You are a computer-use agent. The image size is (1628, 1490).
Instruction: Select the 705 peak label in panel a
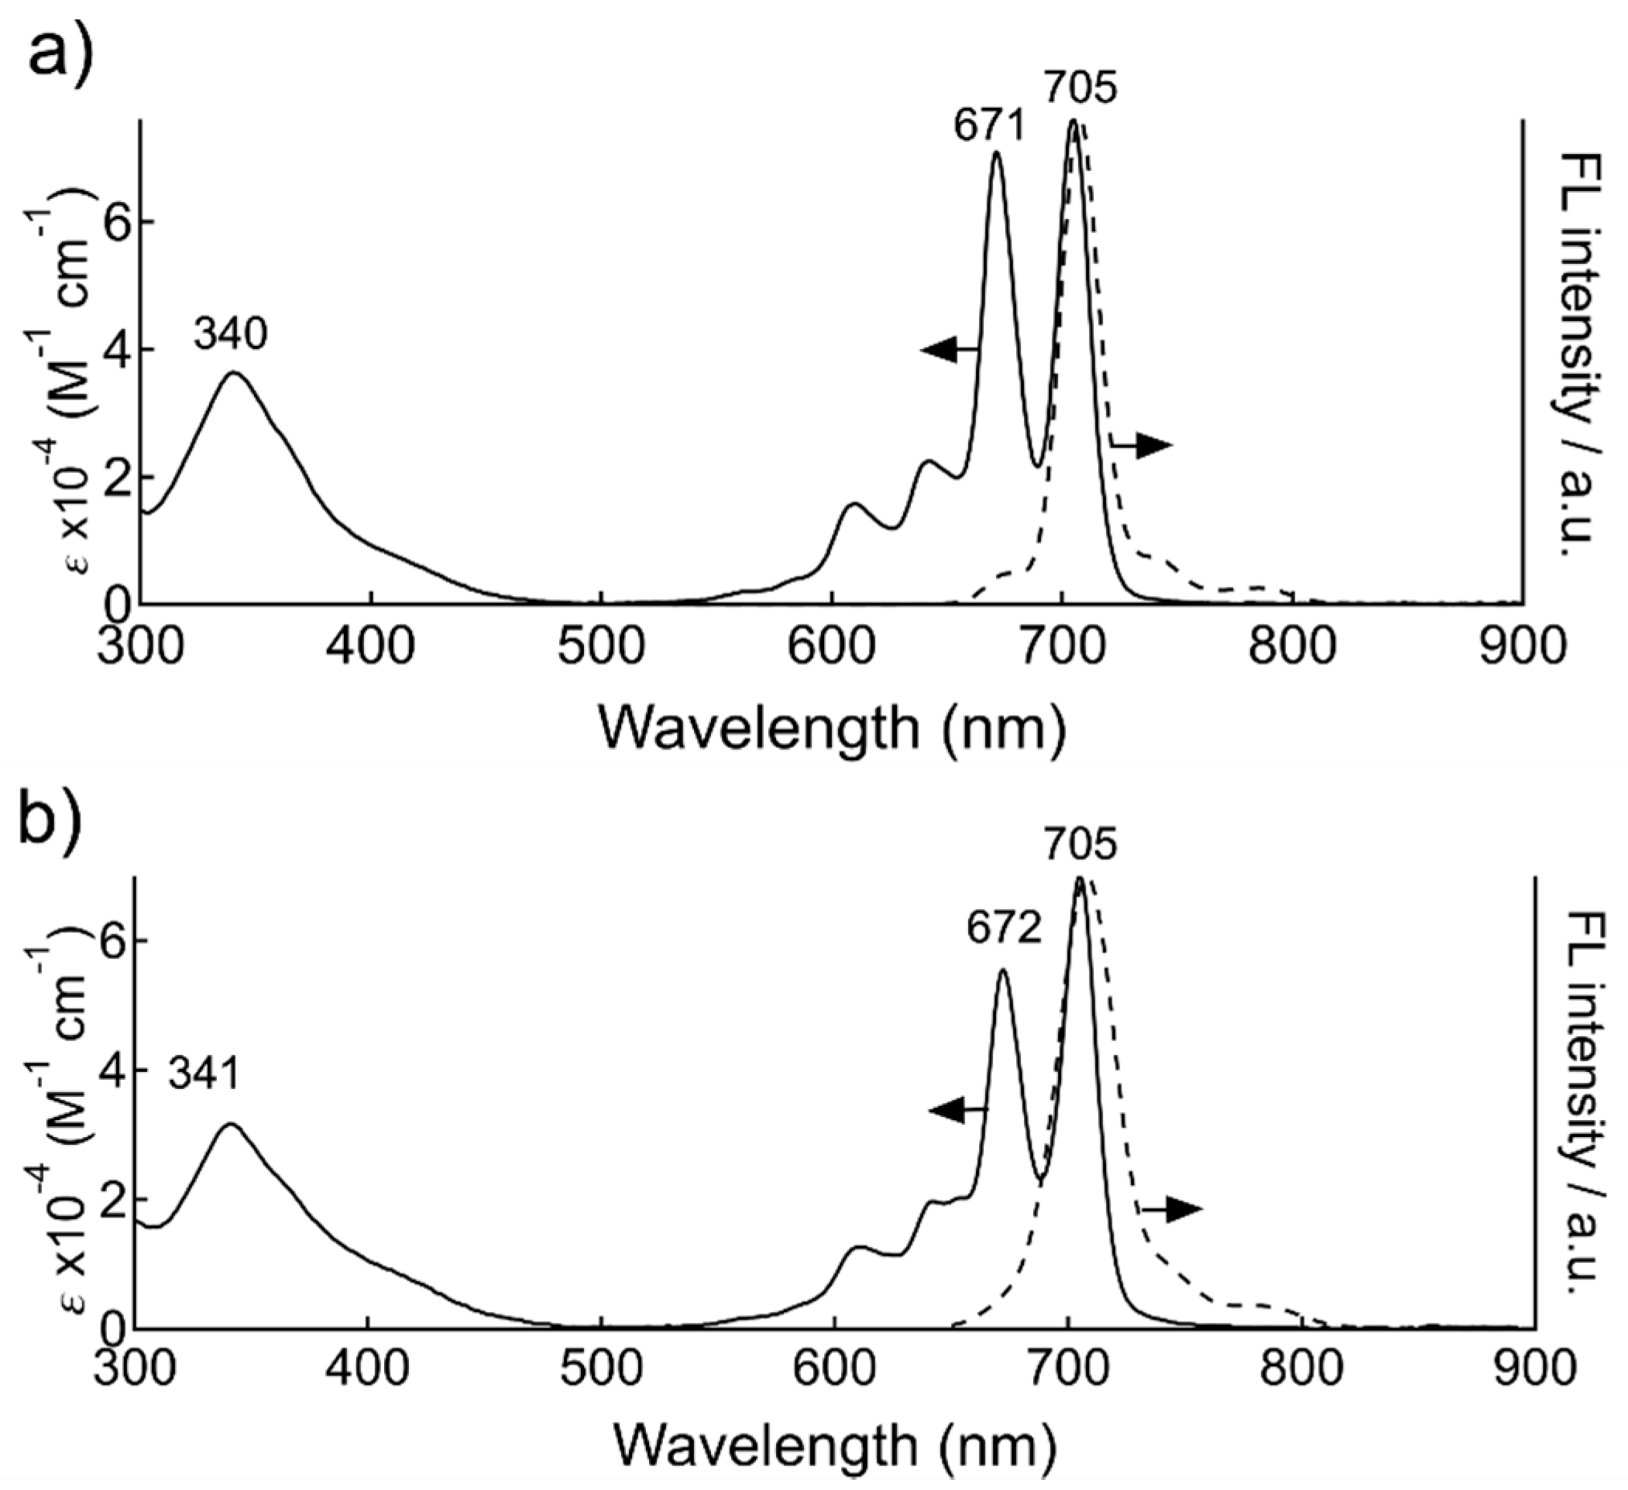[1081, 88]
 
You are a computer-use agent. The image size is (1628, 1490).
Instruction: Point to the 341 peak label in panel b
[204, 1075]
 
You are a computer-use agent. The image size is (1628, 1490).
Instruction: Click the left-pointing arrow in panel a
[950, 350]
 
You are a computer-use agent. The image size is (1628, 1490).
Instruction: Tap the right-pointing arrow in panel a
[1142, 445]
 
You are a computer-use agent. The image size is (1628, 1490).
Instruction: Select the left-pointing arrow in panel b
[958, 1111]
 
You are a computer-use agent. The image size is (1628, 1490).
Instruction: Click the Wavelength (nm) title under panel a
[832, 729]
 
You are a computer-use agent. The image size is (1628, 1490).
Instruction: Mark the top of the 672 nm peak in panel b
[1003, 970]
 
